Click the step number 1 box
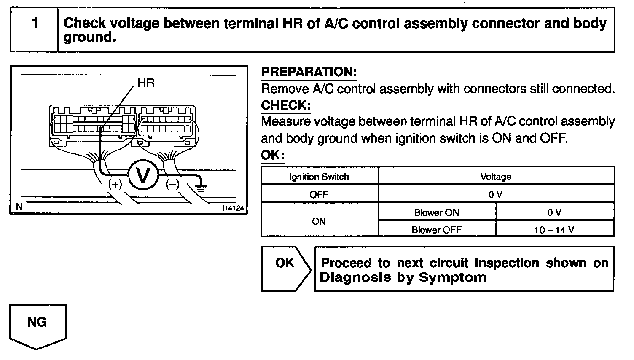[x=35, y=29]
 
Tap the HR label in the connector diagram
[x=146, y=83]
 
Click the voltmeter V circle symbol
[x=143, y=176]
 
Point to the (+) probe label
[x=115, y=184]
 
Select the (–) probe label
[x=172, y=184]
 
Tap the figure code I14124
[x=234, y=208]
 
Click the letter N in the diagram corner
[x=19, y=207]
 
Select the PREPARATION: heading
[x=309, y=72]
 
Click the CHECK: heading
[x=286, y=105]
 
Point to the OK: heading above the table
[x=272, y=155]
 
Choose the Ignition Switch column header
[x=319, y=177]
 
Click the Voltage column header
[x=496, y=177]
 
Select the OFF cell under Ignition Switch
[x=319, y=195]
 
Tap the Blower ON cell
[x=436, y=212]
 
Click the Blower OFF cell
[x=436, y=230]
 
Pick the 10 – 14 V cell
[x=554, y=230]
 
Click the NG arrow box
[x=37, y=325]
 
